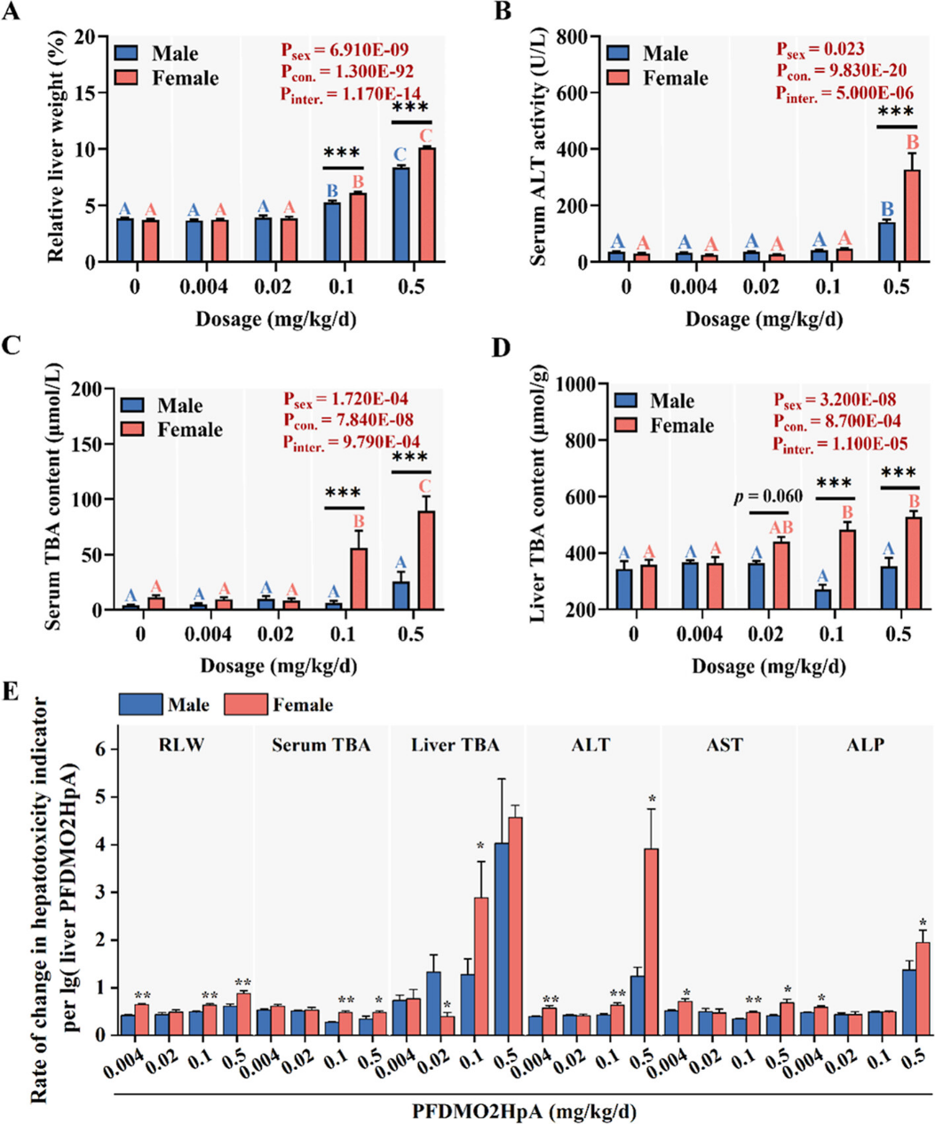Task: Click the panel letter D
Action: coord(502,347)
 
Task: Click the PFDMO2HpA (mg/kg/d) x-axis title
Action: coord(525,1110)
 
